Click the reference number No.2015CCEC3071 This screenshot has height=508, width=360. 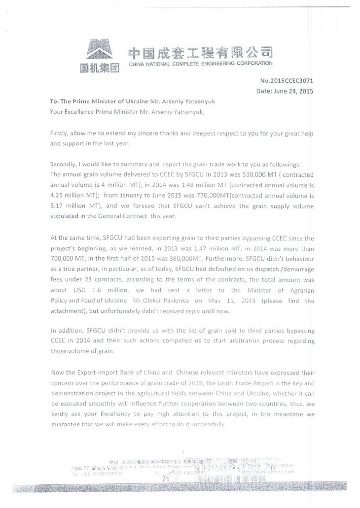click(286, 81)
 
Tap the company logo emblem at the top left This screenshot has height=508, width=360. click(100, 51)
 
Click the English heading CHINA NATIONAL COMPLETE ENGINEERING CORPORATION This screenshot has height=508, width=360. click(200, 64)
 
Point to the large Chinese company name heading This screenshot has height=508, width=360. click(200, 53)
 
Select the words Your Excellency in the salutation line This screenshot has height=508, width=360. click(73, 111)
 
